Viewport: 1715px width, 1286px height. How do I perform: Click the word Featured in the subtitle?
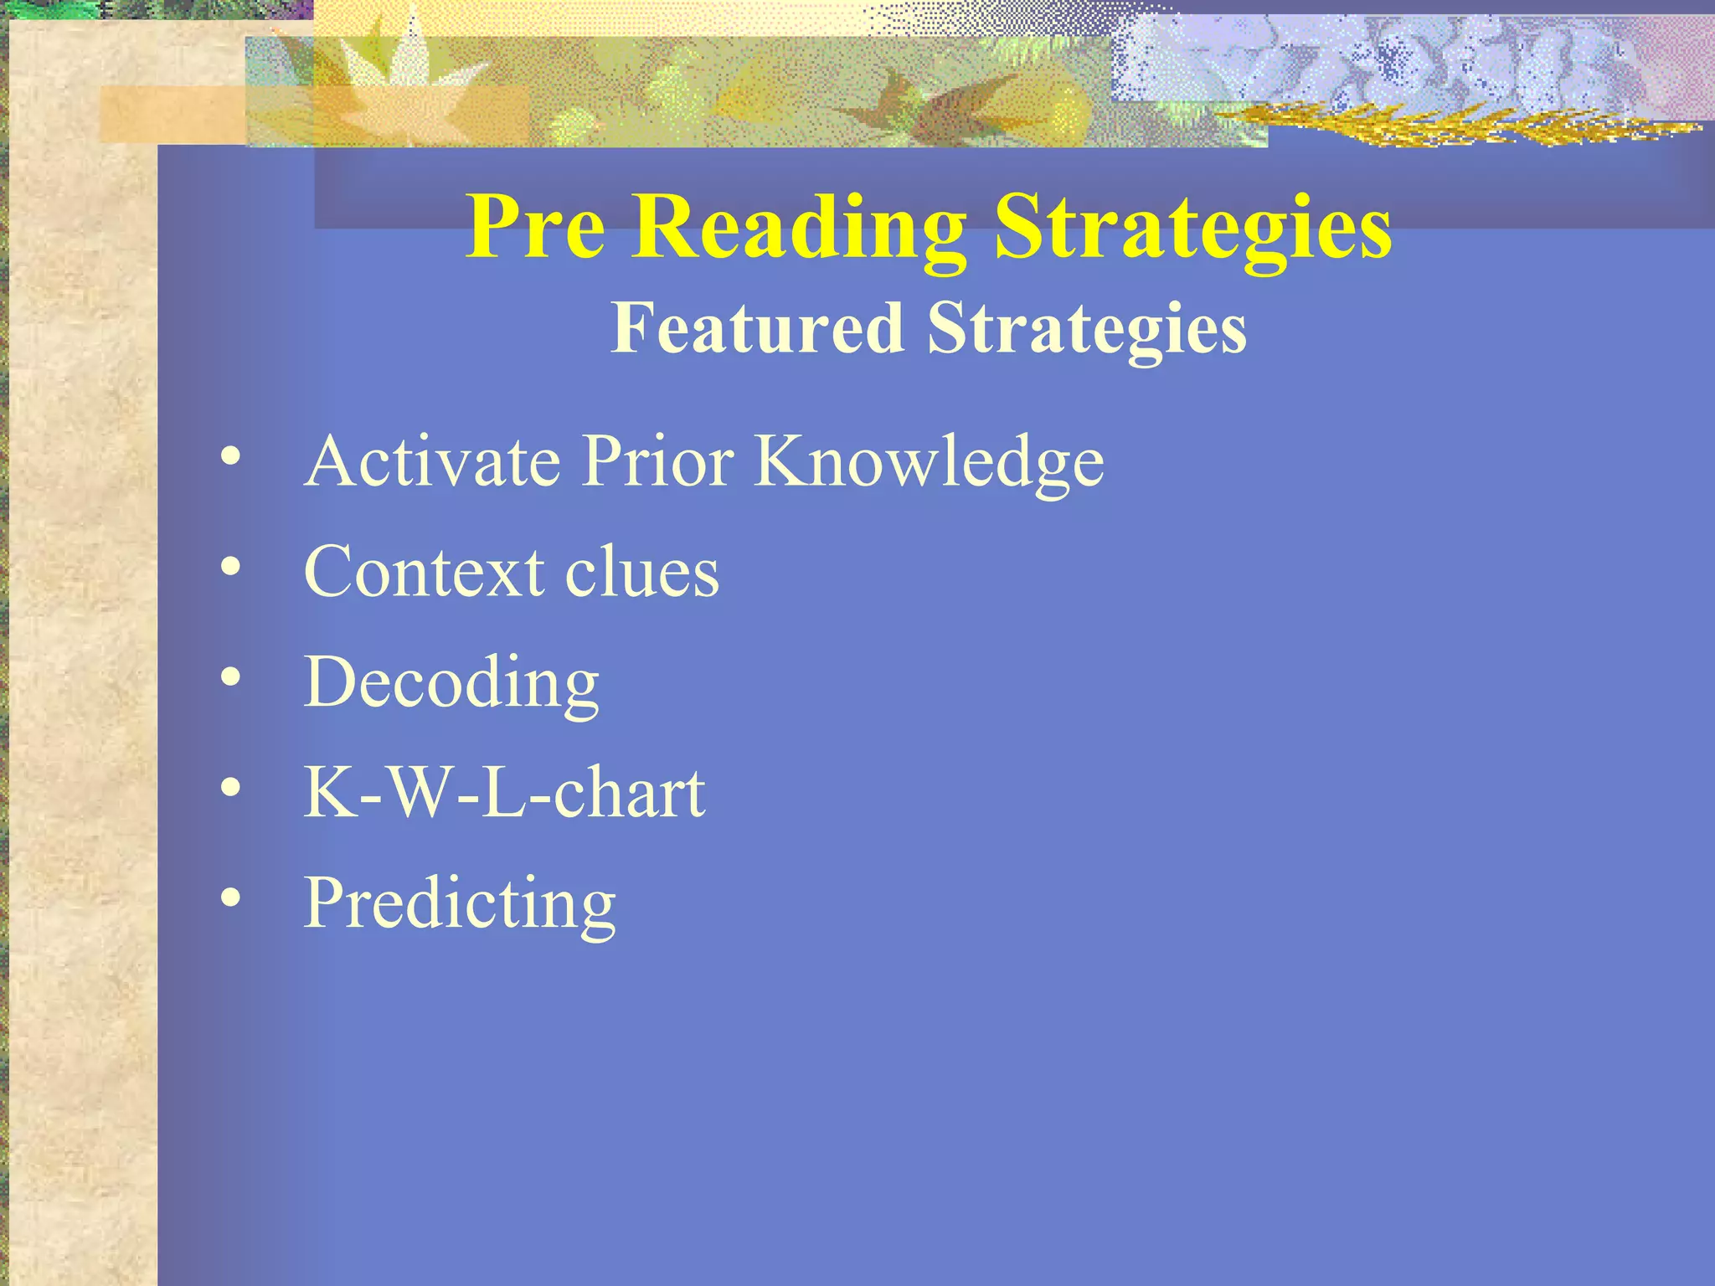tap(757, 328)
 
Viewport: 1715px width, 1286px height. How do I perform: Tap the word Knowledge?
tap(930, 463)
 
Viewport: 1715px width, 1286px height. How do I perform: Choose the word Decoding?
tap(451, 683)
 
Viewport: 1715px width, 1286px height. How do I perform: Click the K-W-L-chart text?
tap(504, 792)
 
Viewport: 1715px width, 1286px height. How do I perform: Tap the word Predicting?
tap(460, 904)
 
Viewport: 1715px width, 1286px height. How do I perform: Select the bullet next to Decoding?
tap(231, 679)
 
